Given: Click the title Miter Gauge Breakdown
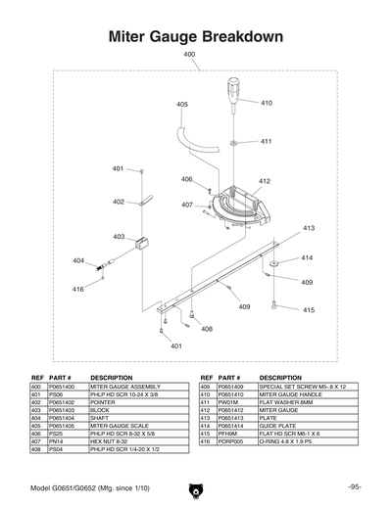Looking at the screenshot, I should click(x=195, y=36).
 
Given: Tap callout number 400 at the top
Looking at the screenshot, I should click(x=189, y=55).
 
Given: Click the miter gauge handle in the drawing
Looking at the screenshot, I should click(x=234, y=92).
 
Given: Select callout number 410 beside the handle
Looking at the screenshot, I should click(x=267, y=102).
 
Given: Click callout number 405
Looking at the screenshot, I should click(x=182, y=104).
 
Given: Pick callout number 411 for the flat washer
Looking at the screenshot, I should click(x=266, y=141).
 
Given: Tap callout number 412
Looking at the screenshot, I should click(x=265, y=182).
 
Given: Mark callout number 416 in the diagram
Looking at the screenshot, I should click(x=77, y=290).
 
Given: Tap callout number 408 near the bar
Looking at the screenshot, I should click(x=207, y=329).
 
